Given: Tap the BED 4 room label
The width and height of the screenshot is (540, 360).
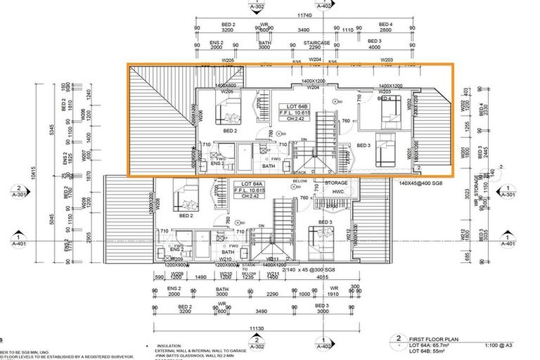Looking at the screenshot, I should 384,99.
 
